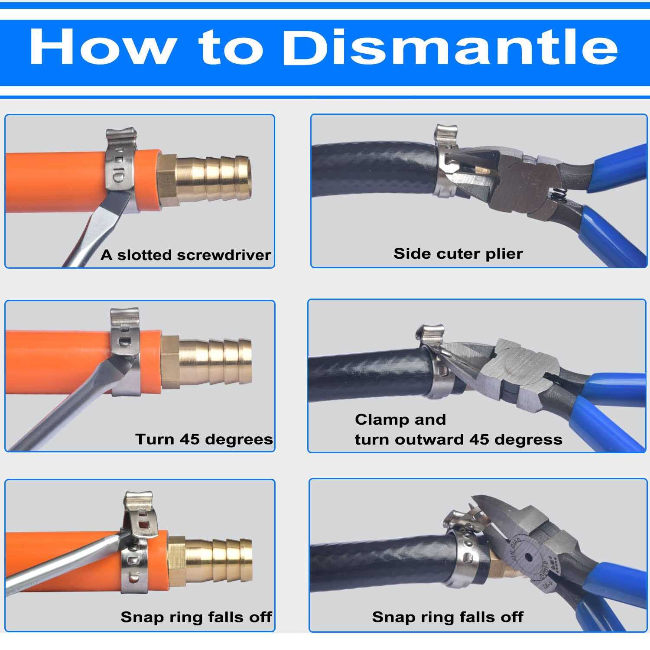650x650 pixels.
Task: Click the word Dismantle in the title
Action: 451,47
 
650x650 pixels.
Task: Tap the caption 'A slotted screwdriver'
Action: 186,255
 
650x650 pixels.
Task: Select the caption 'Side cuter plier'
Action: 458,253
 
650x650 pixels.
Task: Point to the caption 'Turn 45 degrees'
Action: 204,439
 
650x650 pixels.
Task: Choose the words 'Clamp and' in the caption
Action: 400,419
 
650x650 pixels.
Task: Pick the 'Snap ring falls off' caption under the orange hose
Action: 196,617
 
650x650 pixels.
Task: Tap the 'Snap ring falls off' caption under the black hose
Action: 448,617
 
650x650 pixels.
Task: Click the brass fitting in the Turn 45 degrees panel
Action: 206,361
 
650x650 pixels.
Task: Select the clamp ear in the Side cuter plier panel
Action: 446,135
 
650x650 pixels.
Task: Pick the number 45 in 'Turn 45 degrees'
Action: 189,439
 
